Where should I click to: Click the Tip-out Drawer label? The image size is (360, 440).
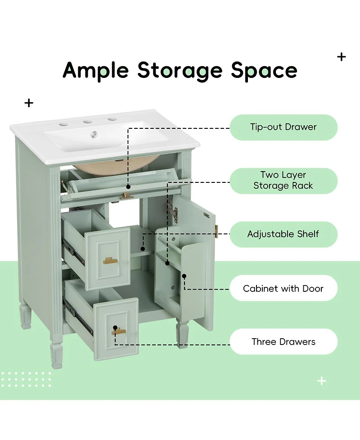(283, 127)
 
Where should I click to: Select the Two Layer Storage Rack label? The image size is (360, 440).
(283, 181)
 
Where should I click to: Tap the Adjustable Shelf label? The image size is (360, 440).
(283, 234)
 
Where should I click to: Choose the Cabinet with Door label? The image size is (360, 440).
(283, 288)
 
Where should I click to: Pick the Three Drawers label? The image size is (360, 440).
(283, 341)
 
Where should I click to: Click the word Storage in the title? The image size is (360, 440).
(180, 71)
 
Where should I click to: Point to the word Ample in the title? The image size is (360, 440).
(96, 71)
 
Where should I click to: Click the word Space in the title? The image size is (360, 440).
(264, 71)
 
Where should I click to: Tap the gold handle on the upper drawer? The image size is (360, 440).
(110, 261)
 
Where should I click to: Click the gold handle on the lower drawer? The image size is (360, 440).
(119, 332)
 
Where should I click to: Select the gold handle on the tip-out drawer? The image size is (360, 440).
(127, 196)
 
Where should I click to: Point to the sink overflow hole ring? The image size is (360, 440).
(94, 135)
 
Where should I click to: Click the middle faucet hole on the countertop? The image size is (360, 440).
(87, 122)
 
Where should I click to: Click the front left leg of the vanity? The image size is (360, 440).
(57, 355)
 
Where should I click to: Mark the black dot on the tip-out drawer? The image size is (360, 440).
(128, 187)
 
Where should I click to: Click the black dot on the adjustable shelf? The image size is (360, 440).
(143, 249)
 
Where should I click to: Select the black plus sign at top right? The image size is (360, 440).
(341, 57)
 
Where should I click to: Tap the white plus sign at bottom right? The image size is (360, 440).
(322, 381)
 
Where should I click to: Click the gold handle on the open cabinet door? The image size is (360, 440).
(216, 231)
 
